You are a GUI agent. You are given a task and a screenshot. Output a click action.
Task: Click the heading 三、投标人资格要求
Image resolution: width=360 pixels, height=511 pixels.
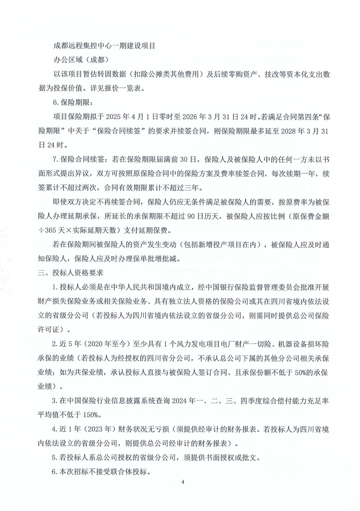click(x=70, y=273)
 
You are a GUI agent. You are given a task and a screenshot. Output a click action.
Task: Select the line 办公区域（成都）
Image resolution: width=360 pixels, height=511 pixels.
click(x=81, y=60)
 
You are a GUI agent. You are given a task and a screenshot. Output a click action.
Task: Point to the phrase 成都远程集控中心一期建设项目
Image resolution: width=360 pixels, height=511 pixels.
click(x=104, y=46)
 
